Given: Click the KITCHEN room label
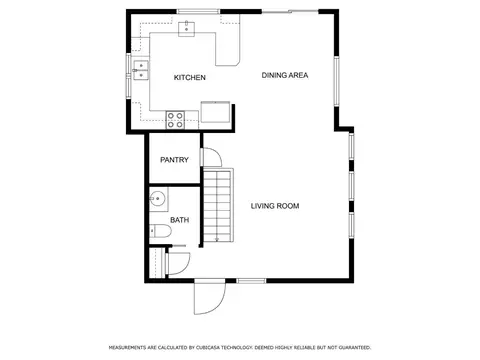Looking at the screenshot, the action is click(x=190, y=78).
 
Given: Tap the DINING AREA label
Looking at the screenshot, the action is click(x=285, y=75).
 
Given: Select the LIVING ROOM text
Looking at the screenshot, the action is click(x=275, y=206).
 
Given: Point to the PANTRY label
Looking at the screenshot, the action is click(x=174, y=160).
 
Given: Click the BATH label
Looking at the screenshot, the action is click(x=180, y=220).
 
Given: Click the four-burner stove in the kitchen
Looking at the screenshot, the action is click(x=175, y=120).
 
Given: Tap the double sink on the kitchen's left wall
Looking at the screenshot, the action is click(x=141, y=70).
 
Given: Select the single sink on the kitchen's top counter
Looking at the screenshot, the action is click(x=187, y=29).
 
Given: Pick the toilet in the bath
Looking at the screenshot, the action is click(x=160, y=231).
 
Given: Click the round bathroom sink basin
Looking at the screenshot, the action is click(x=157, y=199).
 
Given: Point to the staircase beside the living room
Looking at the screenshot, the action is click(x=218, y=205).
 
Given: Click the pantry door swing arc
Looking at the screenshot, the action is click(x=217, y=153).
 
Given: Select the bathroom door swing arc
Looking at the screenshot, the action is click(x=187, y=267).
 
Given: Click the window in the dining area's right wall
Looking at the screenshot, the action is click(x=337, y=81).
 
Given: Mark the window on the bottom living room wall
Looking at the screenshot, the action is click(x=251, y=281).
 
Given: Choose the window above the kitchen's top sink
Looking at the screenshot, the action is click(x=198, y=12).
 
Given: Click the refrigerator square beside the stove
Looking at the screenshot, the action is click(x=215, y=112).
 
